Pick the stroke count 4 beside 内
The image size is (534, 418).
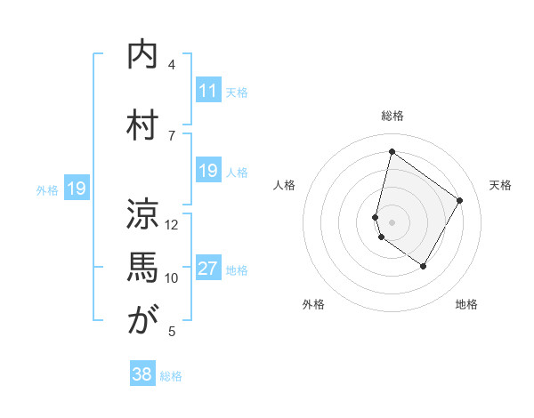pos(172,65)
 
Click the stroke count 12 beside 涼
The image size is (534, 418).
pos(172,224)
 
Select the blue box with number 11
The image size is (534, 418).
pos(208,91)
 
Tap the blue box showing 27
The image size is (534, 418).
pos(208,269)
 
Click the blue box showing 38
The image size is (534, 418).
pos(142,374)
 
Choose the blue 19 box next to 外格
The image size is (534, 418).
pos(77,189)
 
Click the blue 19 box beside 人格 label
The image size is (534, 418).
pos(208,171)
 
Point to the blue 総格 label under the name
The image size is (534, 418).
pos(171,376)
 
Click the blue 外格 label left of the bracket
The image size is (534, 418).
pos(47,189)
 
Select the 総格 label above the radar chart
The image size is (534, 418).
pos(392,116)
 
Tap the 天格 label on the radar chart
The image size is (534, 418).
pos(500,185)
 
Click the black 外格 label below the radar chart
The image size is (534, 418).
pos(313,305)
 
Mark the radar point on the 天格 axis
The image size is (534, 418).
pos(459,200)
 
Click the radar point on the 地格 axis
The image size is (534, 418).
pos(424,266)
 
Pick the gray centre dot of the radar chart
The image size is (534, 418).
pos(392,221)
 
